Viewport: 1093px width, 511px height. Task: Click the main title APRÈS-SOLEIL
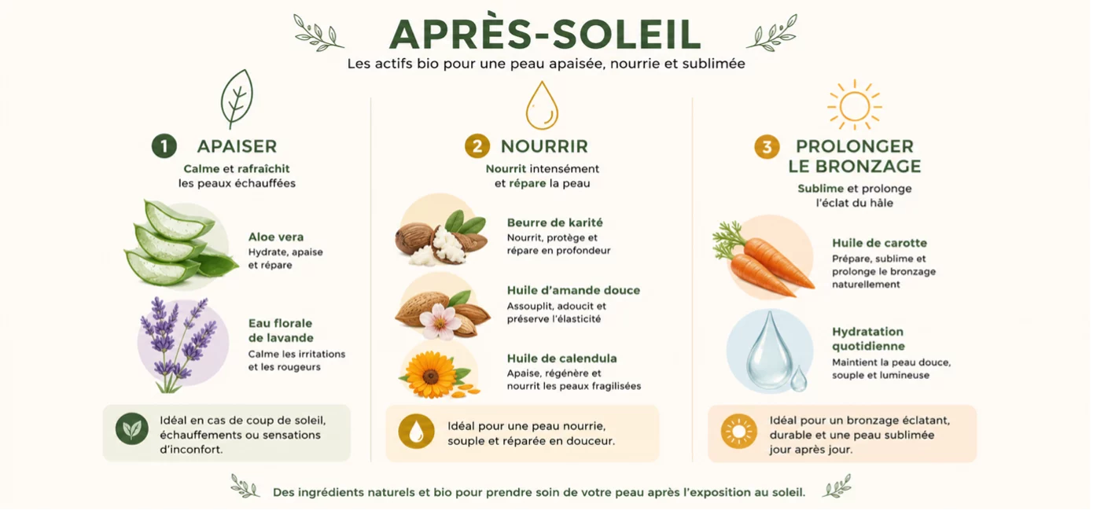tap(545, 33)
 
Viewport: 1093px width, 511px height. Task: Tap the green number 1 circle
tap(164, 146)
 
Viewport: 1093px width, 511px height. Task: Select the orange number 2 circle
tap(477, 146)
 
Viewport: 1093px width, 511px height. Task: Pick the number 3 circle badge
tap(767, 146)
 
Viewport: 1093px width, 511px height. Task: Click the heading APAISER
tap(237, 146)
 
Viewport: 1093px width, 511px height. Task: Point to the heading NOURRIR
tap(544, 146)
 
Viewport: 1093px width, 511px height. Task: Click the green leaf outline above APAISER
tap(237, 98)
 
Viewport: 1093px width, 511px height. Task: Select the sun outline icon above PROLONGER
tap(854, 105)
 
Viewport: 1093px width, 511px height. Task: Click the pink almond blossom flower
tap(440, 321)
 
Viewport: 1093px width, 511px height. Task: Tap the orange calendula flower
tap(431, 375)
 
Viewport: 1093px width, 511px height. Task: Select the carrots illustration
tap(762, 259)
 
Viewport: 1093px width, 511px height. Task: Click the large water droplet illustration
tap(769, 351)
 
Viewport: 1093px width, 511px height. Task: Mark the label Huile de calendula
tap(561, 358)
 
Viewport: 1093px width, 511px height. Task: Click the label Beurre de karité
tap(555, 222)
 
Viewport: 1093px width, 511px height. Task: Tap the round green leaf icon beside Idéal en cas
tap(132, 428)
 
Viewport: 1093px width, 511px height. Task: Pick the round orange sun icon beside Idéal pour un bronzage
tap(738, 432)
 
